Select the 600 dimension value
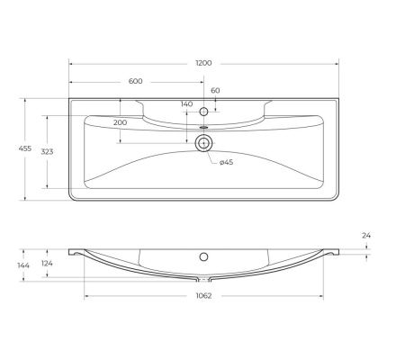[x=136, y=82]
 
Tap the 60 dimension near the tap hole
[x=216, y=91]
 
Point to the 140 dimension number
[x=187, y=104]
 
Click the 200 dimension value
[x=121, y=122]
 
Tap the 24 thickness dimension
[x=367, y=235]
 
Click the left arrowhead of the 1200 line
[x=72, y=65]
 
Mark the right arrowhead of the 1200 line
[x=337, y=65]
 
